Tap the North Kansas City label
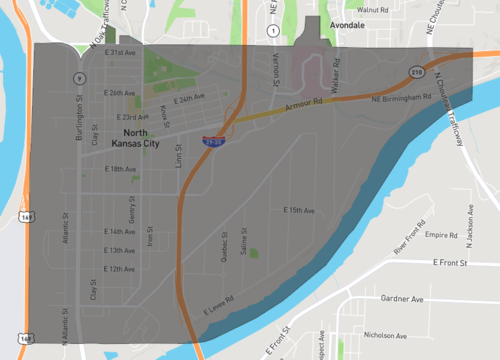pos(143,138)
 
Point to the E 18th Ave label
pos(120,169)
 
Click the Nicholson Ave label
pos(384,336)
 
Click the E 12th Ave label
pos(118,269)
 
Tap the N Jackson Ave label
pos(470,227)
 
